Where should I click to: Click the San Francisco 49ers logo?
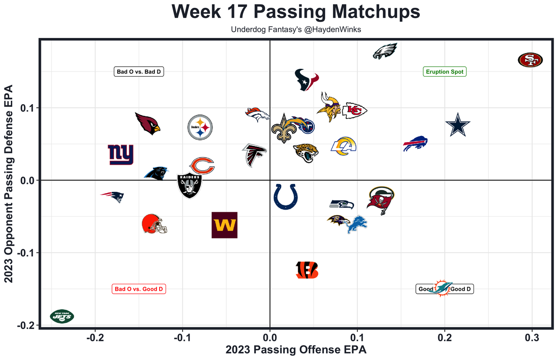pos(531,60)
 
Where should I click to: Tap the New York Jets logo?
pos(62,316)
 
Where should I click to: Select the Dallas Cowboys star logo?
pos(458,125)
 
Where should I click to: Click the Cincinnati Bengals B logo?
pos(307,270)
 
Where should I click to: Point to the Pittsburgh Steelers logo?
pos(200,128)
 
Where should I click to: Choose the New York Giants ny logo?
pos(121,155)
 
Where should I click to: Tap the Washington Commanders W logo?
pos(225,225)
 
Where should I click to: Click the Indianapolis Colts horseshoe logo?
pos(286,197)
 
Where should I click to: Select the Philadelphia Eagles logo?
pos(385,51)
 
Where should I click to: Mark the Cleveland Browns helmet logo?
pos(154,224)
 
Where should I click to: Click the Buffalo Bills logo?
pos(415,144)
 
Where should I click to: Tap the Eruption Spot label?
pos(445,71)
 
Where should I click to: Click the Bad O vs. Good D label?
pos(139,289)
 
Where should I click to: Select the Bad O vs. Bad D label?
pos(139,71)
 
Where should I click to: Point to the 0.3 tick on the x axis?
pos(532,337)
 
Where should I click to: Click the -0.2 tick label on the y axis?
pos(26,326)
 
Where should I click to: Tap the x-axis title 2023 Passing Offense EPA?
pos(296,350)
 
